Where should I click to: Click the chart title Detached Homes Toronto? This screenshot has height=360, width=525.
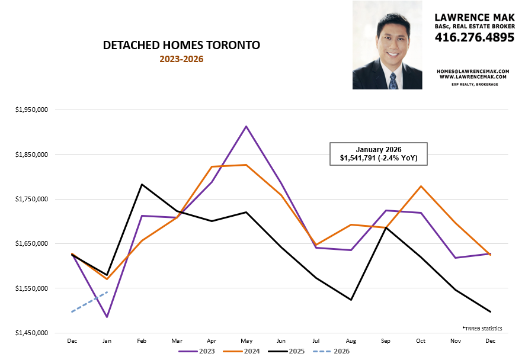(181, 46)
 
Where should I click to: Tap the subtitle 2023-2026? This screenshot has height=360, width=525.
(181, 59)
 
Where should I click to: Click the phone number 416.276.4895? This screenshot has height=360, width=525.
(475, 37)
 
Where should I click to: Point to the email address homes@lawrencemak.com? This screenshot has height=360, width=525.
(472, 70)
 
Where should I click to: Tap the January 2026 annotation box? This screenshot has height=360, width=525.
(378, 153)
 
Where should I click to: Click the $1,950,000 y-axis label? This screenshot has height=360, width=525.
(33, 110)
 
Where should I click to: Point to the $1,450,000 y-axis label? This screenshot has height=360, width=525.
(33, 333)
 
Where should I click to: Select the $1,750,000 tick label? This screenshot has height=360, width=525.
(33, 199)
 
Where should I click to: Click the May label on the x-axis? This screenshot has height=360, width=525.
(246, 341)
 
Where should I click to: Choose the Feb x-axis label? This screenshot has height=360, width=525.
(142, 341)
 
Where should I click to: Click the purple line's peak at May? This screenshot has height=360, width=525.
(246, 126)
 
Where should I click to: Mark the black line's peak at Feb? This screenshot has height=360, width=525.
(142, 184)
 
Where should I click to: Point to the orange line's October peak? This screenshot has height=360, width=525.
(421, 187)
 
